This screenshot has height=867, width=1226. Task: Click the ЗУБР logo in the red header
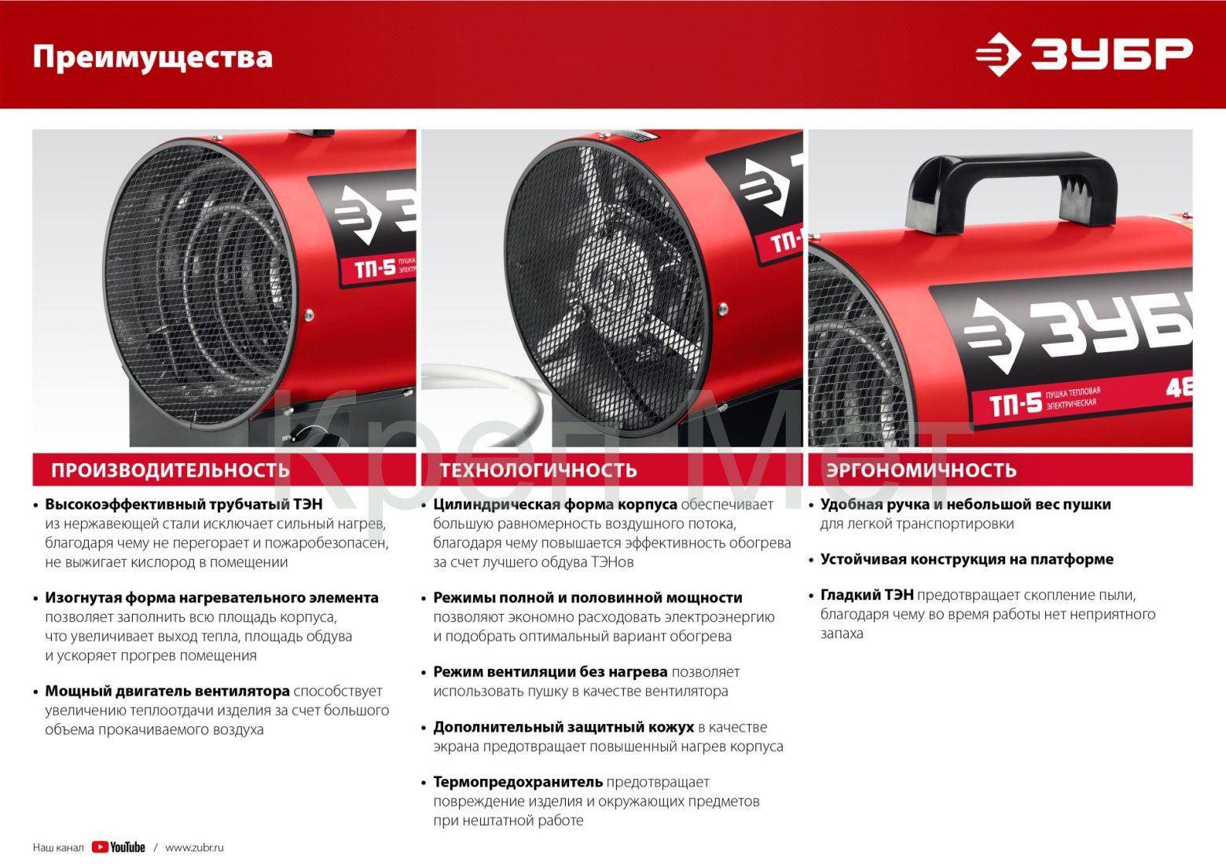[x=1084, y=54]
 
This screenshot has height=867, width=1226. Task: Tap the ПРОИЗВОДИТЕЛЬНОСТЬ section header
[x=171, y=470]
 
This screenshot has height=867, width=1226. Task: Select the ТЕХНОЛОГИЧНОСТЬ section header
[x=538, y=470]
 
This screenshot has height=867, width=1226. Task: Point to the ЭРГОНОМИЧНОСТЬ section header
[x=922, y=470]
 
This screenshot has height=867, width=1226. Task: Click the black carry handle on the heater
[x=1011, y=189]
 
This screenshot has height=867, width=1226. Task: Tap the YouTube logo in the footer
[x=118, y=847]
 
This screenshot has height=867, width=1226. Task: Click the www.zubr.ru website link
[x=194, y=847]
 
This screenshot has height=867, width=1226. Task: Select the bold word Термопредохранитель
[x=518, y=781]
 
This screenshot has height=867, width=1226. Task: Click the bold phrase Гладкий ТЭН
[x=867, y=594]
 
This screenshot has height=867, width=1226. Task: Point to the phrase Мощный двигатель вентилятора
[x=167, y=691]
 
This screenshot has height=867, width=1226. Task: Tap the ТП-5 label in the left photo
[x=375, y=269]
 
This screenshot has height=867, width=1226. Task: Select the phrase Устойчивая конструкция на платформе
[x=967, y=559]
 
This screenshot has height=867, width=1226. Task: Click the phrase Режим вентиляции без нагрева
[x=550, y=671]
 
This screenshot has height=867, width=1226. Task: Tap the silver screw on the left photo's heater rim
[x=309, y=314]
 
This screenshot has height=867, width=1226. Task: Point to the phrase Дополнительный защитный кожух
[x=563, y=727]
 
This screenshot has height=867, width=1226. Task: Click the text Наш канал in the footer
[x=58, y=848]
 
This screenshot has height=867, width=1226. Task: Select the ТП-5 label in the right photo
[x=1015, y=405]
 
